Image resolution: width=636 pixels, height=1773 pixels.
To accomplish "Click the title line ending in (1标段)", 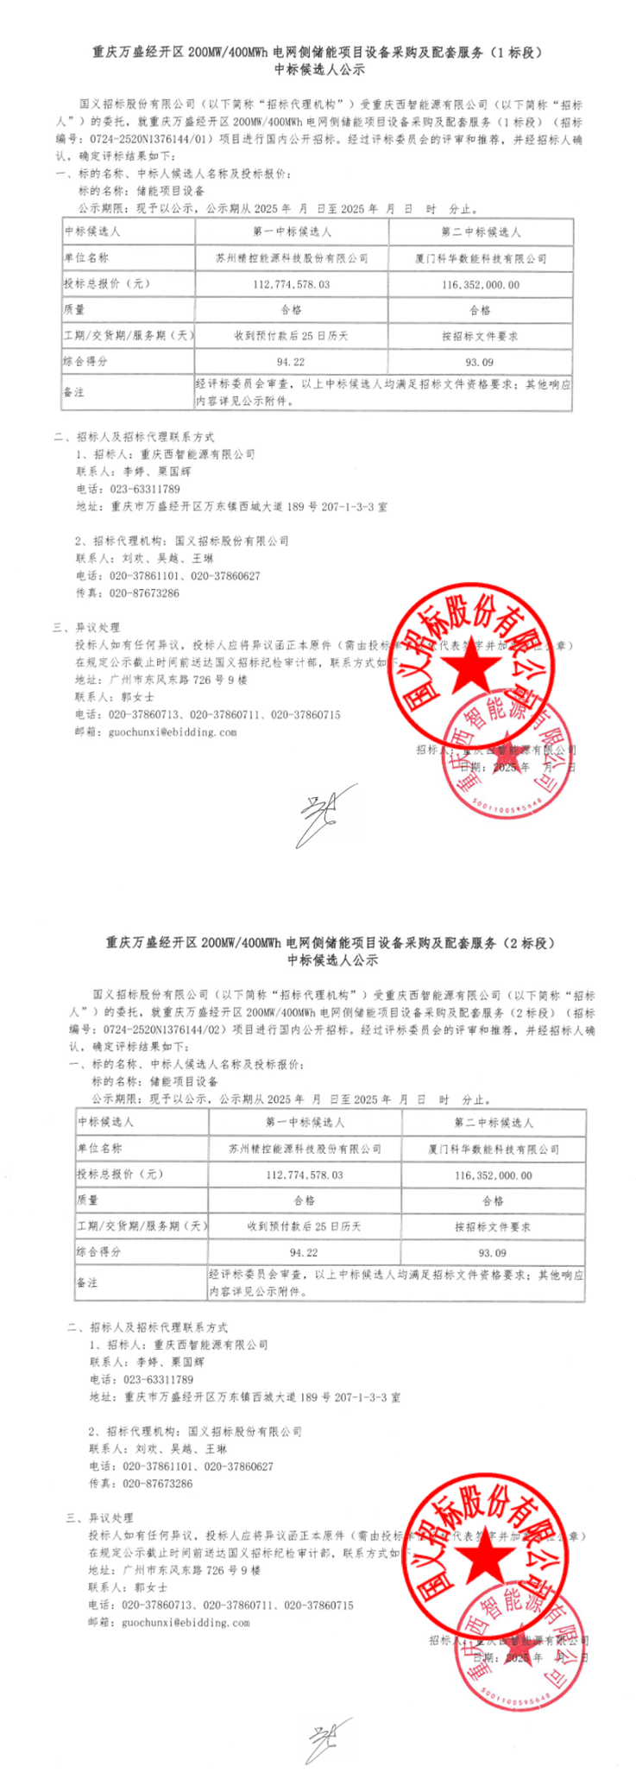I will (317, 53).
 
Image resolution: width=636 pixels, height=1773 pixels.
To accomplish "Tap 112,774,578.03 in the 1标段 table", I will (292, 283).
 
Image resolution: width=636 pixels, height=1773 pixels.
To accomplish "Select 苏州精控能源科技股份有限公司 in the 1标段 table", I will (292, 257).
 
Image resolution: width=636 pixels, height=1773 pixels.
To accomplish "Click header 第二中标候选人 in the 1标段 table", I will (481, 232).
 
